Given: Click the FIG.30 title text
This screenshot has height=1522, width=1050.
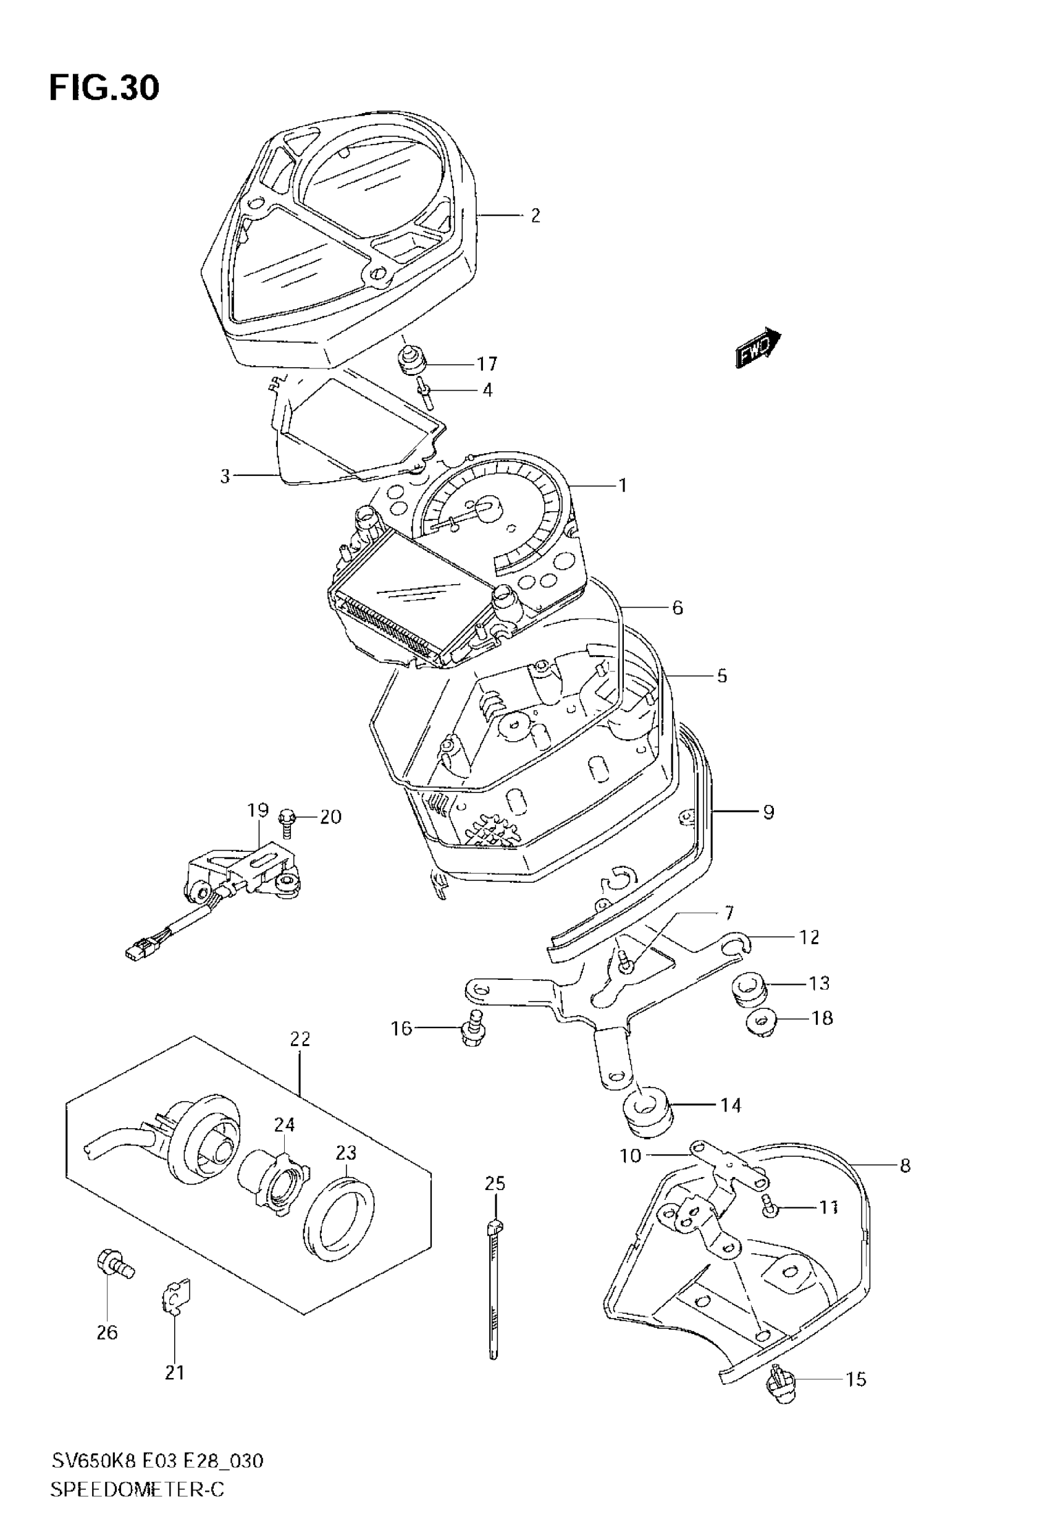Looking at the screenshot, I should (104, 88).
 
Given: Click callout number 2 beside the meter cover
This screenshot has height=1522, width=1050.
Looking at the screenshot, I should (535, 215).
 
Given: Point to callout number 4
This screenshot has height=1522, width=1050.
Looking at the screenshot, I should (487, 390).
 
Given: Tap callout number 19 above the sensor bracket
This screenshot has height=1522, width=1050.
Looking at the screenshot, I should (258, 810).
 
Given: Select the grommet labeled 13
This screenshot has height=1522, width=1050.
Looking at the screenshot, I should (748, 992).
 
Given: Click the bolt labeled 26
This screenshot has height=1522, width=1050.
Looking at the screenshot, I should (114, 1264).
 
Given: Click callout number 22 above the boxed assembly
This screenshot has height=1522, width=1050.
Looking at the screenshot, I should (300, 1039).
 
